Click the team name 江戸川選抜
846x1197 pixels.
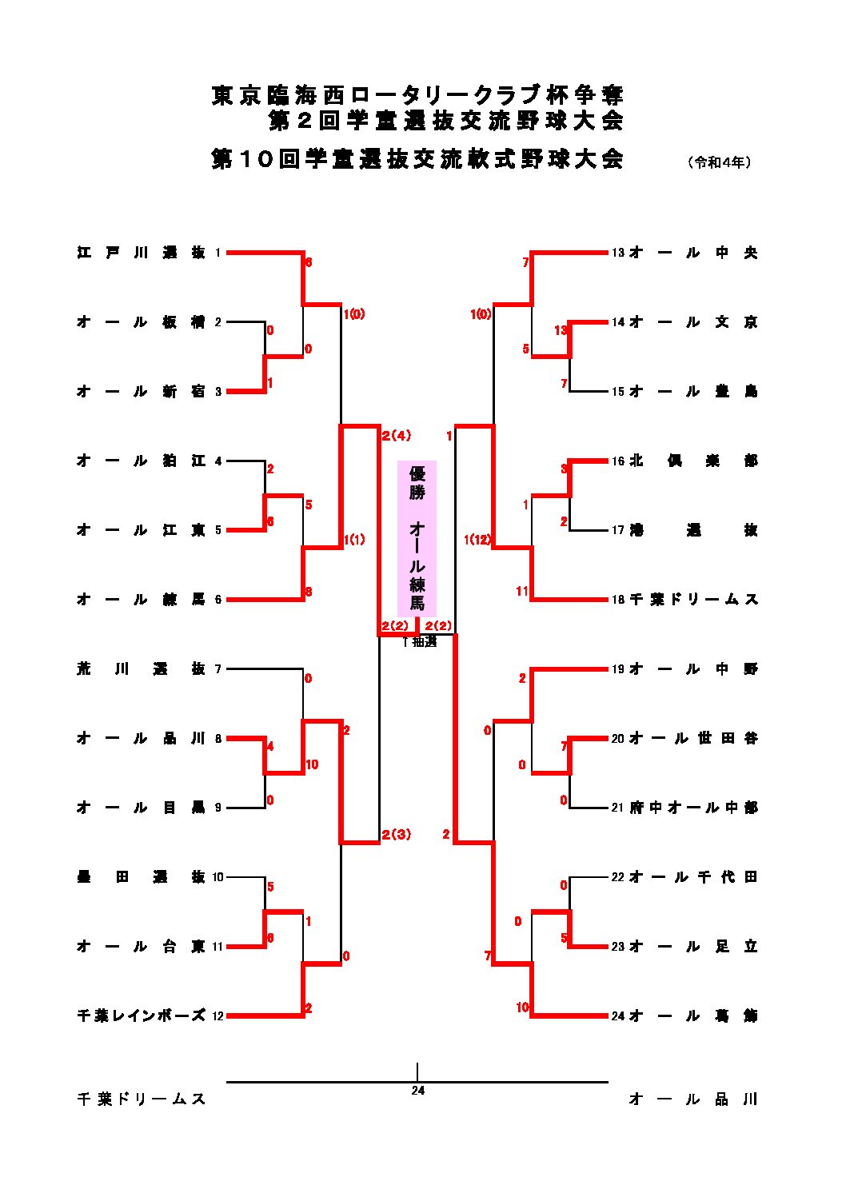141,253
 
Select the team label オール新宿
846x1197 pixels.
141,392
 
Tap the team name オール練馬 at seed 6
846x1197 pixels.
141,600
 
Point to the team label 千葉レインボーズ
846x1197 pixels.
141,1015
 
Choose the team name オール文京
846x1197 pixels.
692,322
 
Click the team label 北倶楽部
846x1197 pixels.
692,461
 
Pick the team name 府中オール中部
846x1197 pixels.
692,808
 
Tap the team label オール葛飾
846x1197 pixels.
692,1015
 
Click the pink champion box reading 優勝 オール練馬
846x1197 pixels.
417,538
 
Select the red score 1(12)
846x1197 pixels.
477,540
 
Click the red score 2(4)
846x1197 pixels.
396,436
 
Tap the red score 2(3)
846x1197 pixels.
396,835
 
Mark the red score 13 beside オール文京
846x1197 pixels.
561,329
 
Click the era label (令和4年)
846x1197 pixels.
719,162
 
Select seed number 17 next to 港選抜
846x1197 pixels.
618,530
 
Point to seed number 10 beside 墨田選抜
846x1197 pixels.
218,877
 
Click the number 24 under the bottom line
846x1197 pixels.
417,1090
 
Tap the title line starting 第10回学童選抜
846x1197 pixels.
417,158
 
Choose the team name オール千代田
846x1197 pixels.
692,877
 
